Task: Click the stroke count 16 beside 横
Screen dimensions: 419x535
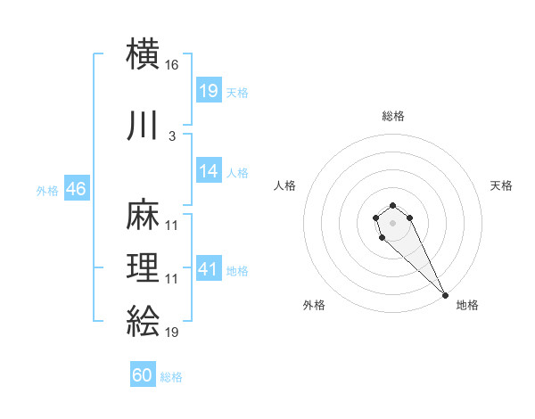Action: pyautogui.click(x=172, y=65)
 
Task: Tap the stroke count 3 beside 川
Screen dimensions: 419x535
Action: pyautogui.click(x=171, y=136)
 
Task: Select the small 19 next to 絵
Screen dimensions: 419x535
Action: pyautogui.click(x=172, y=332)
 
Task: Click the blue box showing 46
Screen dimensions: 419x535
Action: pyautogui.click(x=76, y=189)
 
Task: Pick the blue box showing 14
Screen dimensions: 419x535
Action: pyautogui.click(x=209, y=172)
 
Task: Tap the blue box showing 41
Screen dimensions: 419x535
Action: pyautogui.click(x=209, y=269)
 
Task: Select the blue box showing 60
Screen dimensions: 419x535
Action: pyautogui.click(x=143, y=375)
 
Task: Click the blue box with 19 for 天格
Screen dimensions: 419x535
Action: pyautogui.click(x=209, y=91)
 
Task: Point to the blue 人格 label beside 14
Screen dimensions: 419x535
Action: pyautogui.click(x=237, y=173)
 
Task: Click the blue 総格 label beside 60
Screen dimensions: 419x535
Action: pyautogui.click(x=171, y=376)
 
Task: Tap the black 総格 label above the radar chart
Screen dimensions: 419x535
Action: pyautogui.click(x=393, y=116)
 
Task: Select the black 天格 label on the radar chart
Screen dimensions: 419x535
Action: pyautogui.click(x=502, y=185)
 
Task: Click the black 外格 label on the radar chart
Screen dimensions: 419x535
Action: pyautogui.click(x=314, y=306)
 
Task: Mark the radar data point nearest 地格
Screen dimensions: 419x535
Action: pyautogui.click(x=444, y=294)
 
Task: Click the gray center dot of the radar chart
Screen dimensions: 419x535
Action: pyautogui.click(x=393, y=222)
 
